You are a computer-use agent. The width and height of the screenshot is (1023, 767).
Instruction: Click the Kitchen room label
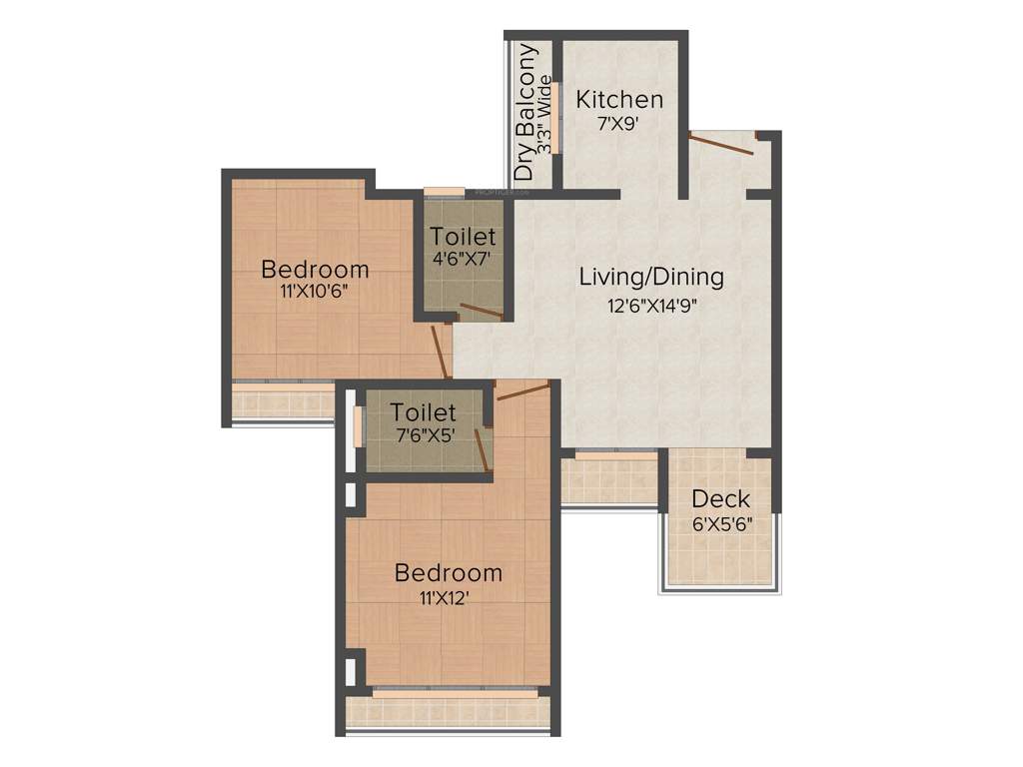pyautogui.click(x=619, y=100)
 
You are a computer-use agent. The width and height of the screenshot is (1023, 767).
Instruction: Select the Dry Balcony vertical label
pyautogui.click(x=524, y=113)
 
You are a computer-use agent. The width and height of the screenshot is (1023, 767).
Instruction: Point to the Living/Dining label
pyautogui.click(x=651, y=277)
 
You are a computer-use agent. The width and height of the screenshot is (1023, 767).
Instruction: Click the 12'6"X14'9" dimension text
pyautogui.click(x=651, y=307)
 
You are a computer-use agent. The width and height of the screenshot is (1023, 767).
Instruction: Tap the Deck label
pyautogui.click(x=720, y=498)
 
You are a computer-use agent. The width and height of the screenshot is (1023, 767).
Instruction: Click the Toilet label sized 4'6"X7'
pyautogui.click(x=463, y=237)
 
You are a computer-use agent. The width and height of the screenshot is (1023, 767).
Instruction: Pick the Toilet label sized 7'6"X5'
pyautogui.click(x=424, y=411)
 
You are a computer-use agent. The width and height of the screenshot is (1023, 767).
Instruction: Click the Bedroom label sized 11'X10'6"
pyautogui.click(x=315, y=269)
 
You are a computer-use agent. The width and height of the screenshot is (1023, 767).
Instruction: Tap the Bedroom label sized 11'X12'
pyautogui.click(x=448, y=573)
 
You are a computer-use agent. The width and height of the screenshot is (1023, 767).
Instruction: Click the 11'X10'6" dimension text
pyautogui.click(x=314, y=294)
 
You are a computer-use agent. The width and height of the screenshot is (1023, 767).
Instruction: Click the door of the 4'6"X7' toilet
pyautogui.click(x=476, y=312)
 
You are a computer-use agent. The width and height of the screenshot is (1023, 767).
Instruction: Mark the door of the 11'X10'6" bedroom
pyautogui.click(x=441, y=351)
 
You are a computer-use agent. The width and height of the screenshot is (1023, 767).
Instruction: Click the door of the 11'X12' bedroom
pyautogui.click(x=522, y=390)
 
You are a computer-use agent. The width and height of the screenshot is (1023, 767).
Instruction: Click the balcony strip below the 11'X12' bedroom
pyautogui.click(x=448, y=711)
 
